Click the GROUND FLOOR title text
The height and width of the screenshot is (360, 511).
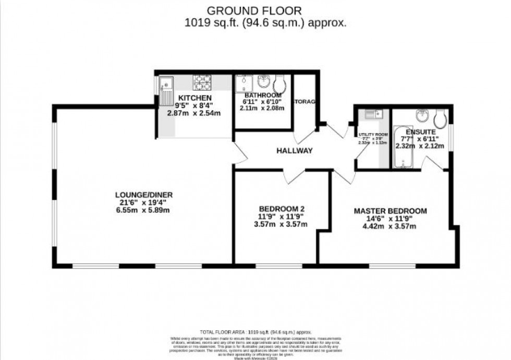click(x=255, y=10)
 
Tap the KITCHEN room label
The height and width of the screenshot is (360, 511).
click(x=194, y=98)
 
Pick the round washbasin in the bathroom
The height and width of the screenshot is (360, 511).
click(x=263, y=81)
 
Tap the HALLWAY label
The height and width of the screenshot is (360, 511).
click(x=294, y=151)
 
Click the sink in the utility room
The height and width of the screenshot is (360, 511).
click(x=373, y=114)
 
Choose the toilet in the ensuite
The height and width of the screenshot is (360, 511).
click(x=440, y=118)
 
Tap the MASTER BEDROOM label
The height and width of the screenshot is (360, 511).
click(x=390, y=211)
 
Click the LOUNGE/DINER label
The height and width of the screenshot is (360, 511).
click(x=144, y=195)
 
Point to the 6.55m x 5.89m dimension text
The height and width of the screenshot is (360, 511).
click(x=144, y=210)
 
